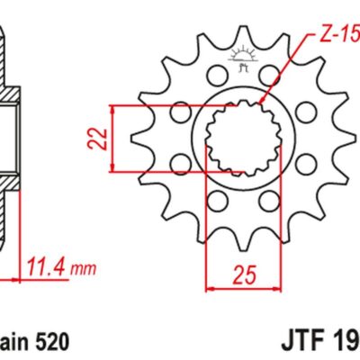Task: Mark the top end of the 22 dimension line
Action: tap(112, 105)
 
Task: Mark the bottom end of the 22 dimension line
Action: tap(112, 170)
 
